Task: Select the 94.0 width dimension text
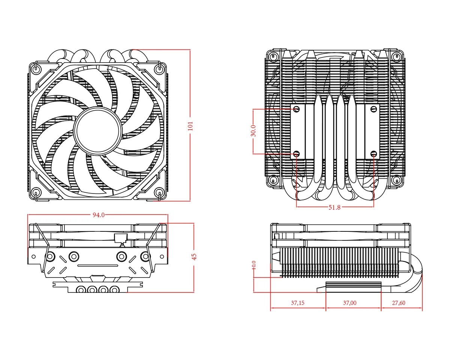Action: tap(98, 215)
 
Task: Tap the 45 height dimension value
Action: tap(194, 256)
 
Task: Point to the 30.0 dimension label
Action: tap(253, 131)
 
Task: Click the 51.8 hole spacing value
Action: tap(334, 207)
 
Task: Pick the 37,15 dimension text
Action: tap(298, 303)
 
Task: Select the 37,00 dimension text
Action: tap(349, 303)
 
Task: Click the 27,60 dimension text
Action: tap(398, 303)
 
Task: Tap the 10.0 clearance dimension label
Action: tap(254, 265)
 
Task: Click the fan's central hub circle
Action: tap(98, 130)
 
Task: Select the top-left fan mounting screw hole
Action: tap(36, 68)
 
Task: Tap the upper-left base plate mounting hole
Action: tap(297, 109)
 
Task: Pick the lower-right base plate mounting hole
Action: tap(373, 154)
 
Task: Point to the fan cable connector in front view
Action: tap(120, 238)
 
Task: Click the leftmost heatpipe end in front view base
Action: tap(80, 289)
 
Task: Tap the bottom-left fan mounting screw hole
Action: tap(36, 193)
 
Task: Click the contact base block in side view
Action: tap(354, 287)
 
